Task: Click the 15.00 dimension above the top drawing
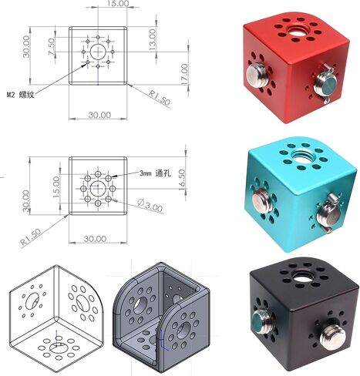(x=118, y=3)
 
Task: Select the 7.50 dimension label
(x=52, y=47)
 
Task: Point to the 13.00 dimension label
(x=152, y=39)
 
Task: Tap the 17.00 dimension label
(x=184, y=74)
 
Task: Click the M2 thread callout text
(x=21, y=95)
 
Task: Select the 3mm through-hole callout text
(x=155, y=173)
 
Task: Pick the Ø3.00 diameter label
(x=150, y=206)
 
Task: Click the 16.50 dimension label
(x=182, y=180)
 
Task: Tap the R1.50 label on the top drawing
(x=160, y=97)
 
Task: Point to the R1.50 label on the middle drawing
(x=31, y=238)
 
